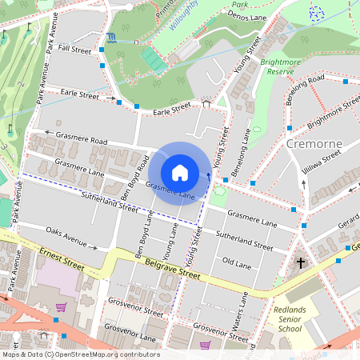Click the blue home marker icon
click(x=180, y=172)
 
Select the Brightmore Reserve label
click(x=282, y=66)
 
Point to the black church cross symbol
click(x=302, y=262)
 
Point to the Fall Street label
click(x=76, y=49)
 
